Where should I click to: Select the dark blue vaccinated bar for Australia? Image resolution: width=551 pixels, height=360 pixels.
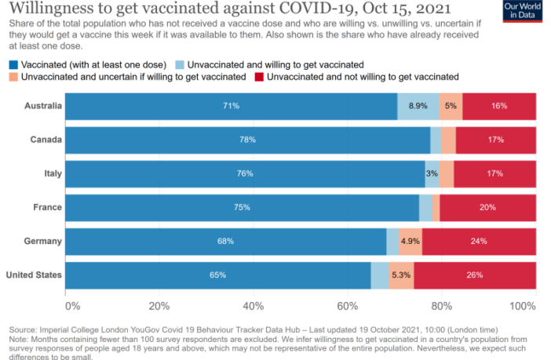[x=231, y=106]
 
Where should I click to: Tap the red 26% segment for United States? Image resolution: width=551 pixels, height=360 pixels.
[x=475, y=275]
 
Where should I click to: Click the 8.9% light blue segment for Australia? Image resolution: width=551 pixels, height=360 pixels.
[x=418, y=106]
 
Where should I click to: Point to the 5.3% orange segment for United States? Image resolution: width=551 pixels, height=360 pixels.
[x=401, y=275]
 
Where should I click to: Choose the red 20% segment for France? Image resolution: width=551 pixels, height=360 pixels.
[x=487, y=208]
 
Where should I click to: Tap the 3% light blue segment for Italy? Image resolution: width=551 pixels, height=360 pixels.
[x=432, y=173]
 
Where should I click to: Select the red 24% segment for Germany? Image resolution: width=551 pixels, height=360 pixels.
[x=479, y=242]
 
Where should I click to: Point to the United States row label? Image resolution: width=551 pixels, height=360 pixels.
[x=34, y=275]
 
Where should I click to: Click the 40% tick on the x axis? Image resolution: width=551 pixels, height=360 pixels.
[x=254, y=305]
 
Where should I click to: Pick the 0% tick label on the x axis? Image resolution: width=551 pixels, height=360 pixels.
[x=72, y=305]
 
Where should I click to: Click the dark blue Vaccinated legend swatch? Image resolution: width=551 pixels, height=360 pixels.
[x=13, y=64]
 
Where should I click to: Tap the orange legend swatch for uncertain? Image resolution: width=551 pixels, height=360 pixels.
[x=13, y=77]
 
